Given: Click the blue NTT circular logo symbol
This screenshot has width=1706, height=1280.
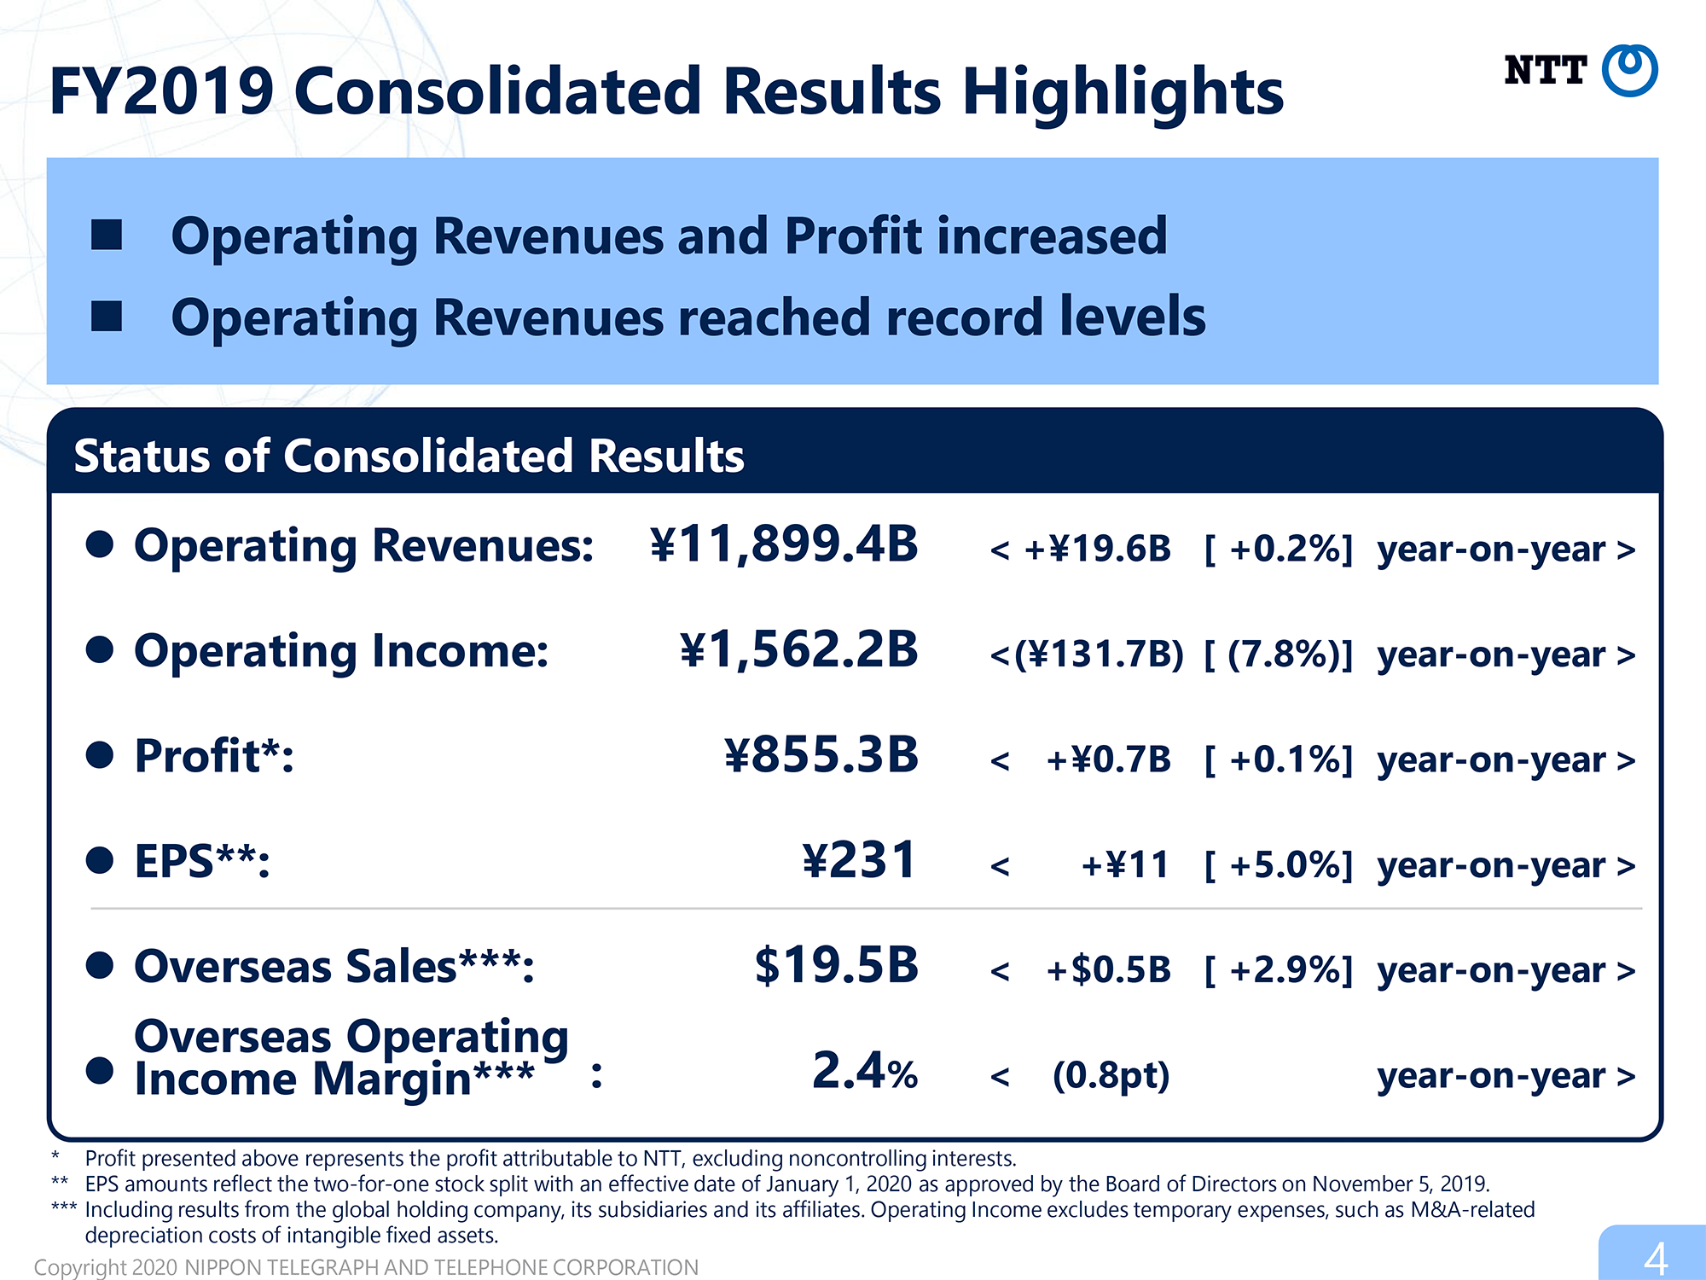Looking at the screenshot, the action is tap(1629, 70).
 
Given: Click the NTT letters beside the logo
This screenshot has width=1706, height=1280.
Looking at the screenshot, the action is tap(1545, 70).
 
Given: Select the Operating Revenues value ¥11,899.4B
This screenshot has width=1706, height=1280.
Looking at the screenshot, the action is tap(784, 545).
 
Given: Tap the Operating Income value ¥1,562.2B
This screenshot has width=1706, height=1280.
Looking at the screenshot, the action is tap(799, 650).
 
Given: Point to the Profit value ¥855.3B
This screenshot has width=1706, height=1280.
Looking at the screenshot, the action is tap(821, 755).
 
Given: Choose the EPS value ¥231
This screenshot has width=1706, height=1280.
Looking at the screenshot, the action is tap(859, 860).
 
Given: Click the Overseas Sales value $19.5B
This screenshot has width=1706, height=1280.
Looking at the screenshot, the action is tap(836, 965).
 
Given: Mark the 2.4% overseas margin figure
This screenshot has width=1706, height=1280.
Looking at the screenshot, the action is tap(865, 1071).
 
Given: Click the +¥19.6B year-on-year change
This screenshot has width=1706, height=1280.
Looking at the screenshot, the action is tap(1097, 549).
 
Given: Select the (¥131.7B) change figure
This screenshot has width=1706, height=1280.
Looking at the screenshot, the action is tap(1099, 655).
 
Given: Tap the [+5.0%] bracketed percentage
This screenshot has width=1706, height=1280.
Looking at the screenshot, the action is tap(1279, 865).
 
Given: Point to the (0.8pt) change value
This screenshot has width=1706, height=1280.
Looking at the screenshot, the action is tap(1111, 1075).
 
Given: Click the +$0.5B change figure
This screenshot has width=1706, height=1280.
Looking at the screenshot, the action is tap(1108, 970).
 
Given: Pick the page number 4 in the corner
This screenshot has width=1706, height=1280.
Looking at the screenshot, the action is tap(1656, 1258).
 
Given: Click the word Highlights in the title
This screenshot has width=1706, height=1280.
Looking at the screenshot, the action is tap(1123, 92).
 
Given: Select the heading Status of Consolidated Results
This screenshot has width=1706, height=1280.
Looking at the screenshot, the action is tap(409, 456).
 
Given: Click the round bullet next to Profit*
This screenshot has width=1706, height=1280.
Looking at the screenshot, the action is tap(100, 755).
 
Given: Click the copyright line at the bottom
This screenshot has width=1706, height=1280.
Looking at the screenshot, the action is tap(366, 1267).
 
